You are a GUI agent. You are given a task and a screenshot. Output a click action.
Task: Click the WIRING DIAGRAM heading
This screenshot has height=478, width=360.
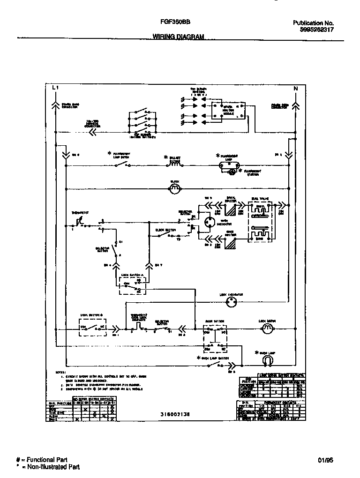[x=178, y=37]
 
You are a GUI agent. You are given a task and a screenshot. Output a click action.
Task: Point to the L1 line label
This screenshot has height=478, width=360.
[x=55, y=88]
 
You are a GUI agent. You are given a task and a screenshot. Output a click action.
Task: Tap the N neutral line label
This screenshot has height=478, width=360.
[x=295, y=88]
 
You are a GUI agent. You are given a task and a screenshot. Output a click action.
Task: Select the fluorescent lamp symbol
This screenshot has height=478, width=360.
[x=230, y=165]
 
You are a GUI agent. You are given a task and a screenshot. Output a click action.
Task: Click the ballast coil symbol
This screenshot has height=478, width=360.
[x=174, y=164]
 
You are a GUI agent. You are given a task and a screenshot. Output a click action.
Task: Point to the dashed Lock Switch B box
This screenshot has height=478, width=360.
[x=93, y=327]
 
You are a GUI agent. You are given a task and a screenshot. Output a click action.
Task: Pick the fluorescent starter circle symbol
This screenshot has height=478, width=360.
[x=231, y=172]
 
